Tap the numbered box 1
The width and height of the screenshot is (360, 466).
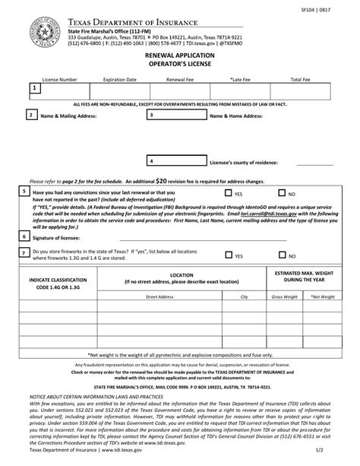[34, 89]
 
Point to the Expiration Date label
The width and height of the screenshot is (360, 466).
[119, 79]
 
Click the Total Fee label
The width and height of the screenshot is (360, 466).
[301, 79]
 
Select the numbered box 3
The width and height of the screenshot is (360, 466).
[152, 115]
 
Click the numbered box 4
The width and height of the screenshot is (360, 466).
[152, 162]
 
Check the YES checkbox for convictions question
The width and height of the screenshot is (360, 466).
[228, 194]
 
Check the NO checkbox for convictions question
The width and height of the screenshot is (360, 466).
[282, 194]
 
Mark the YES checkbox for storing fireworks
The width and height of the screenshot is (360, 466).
[228, 255]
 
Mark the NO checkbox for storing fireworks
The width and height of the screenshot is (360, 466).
[282, 255]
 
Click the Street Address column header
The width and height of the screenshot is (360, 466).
[160, 296]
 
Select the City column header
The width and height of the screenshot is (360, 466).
[244, 296]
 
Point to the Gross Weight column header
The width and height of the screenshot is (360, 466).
[284, 296]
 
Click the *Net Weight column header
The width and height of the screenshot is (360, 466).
[322, 296]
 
